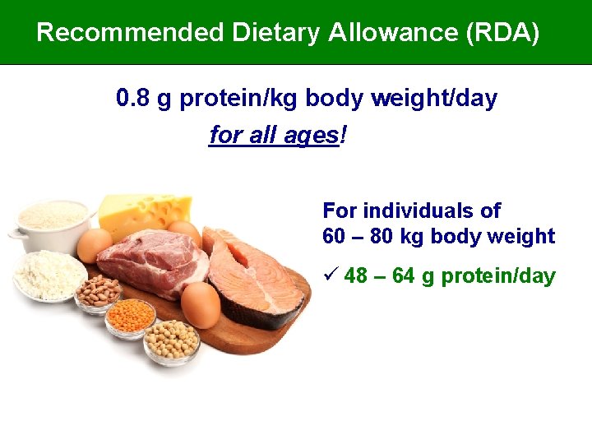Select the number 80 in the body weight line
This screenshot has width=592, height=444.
[382, 237]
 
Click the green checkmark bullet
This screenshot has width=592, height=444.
[331, 275]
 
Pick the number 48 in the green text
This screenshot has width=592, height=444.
[356, 276]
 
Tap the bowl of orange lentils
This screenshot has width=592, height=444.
[130, 317]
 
